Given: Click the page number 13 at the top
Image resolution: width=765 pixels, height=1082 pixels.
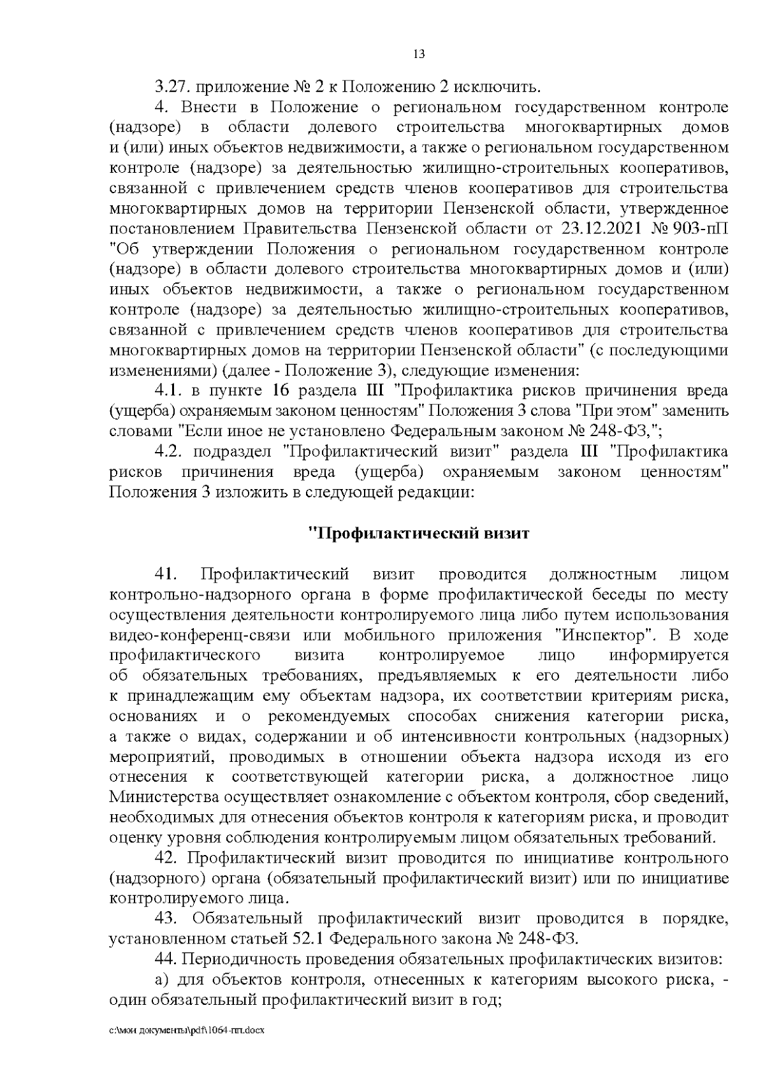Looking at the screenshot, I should [419, 54].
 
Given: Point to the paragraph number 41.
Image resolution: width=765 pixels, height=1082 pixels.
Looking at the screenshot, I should [164, 574].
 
